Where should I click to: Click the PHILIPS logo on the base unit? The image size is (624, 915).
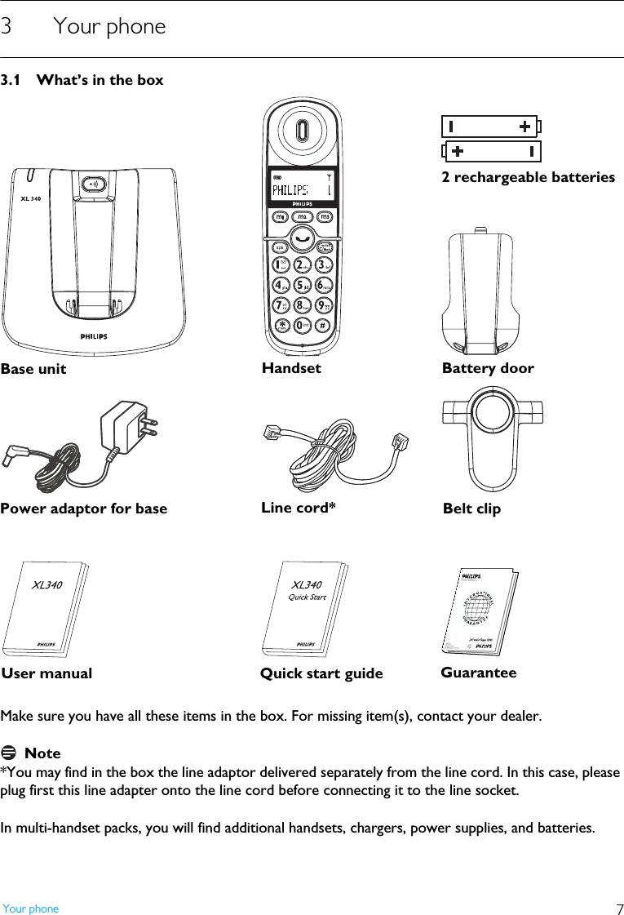tap(93, 335)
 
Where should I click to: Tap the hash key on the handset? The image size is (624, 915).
tap(324, 325)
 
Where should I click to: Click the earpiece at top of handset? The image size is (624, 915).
tap(303, 131)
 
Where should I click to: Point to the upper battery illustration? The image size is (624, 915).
tap(489, 127)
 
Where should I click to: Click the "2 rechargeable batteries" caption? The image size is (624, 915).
tap(528, 177)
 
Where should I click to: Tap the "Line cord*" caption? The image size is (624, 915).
tap(298, 508)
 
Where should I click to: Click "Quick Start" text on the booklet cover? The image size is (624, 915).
tap(308, 597)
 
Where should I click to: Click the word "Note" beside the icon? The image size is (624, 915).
tap(42, 753)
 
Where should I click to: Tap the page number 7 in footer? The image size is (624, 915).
tap(618, 909)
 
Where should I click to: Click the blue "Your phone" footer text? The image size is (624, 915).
tap(31, 908)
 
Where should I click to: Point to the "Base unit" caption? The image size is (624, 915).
tap(33, 369)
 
